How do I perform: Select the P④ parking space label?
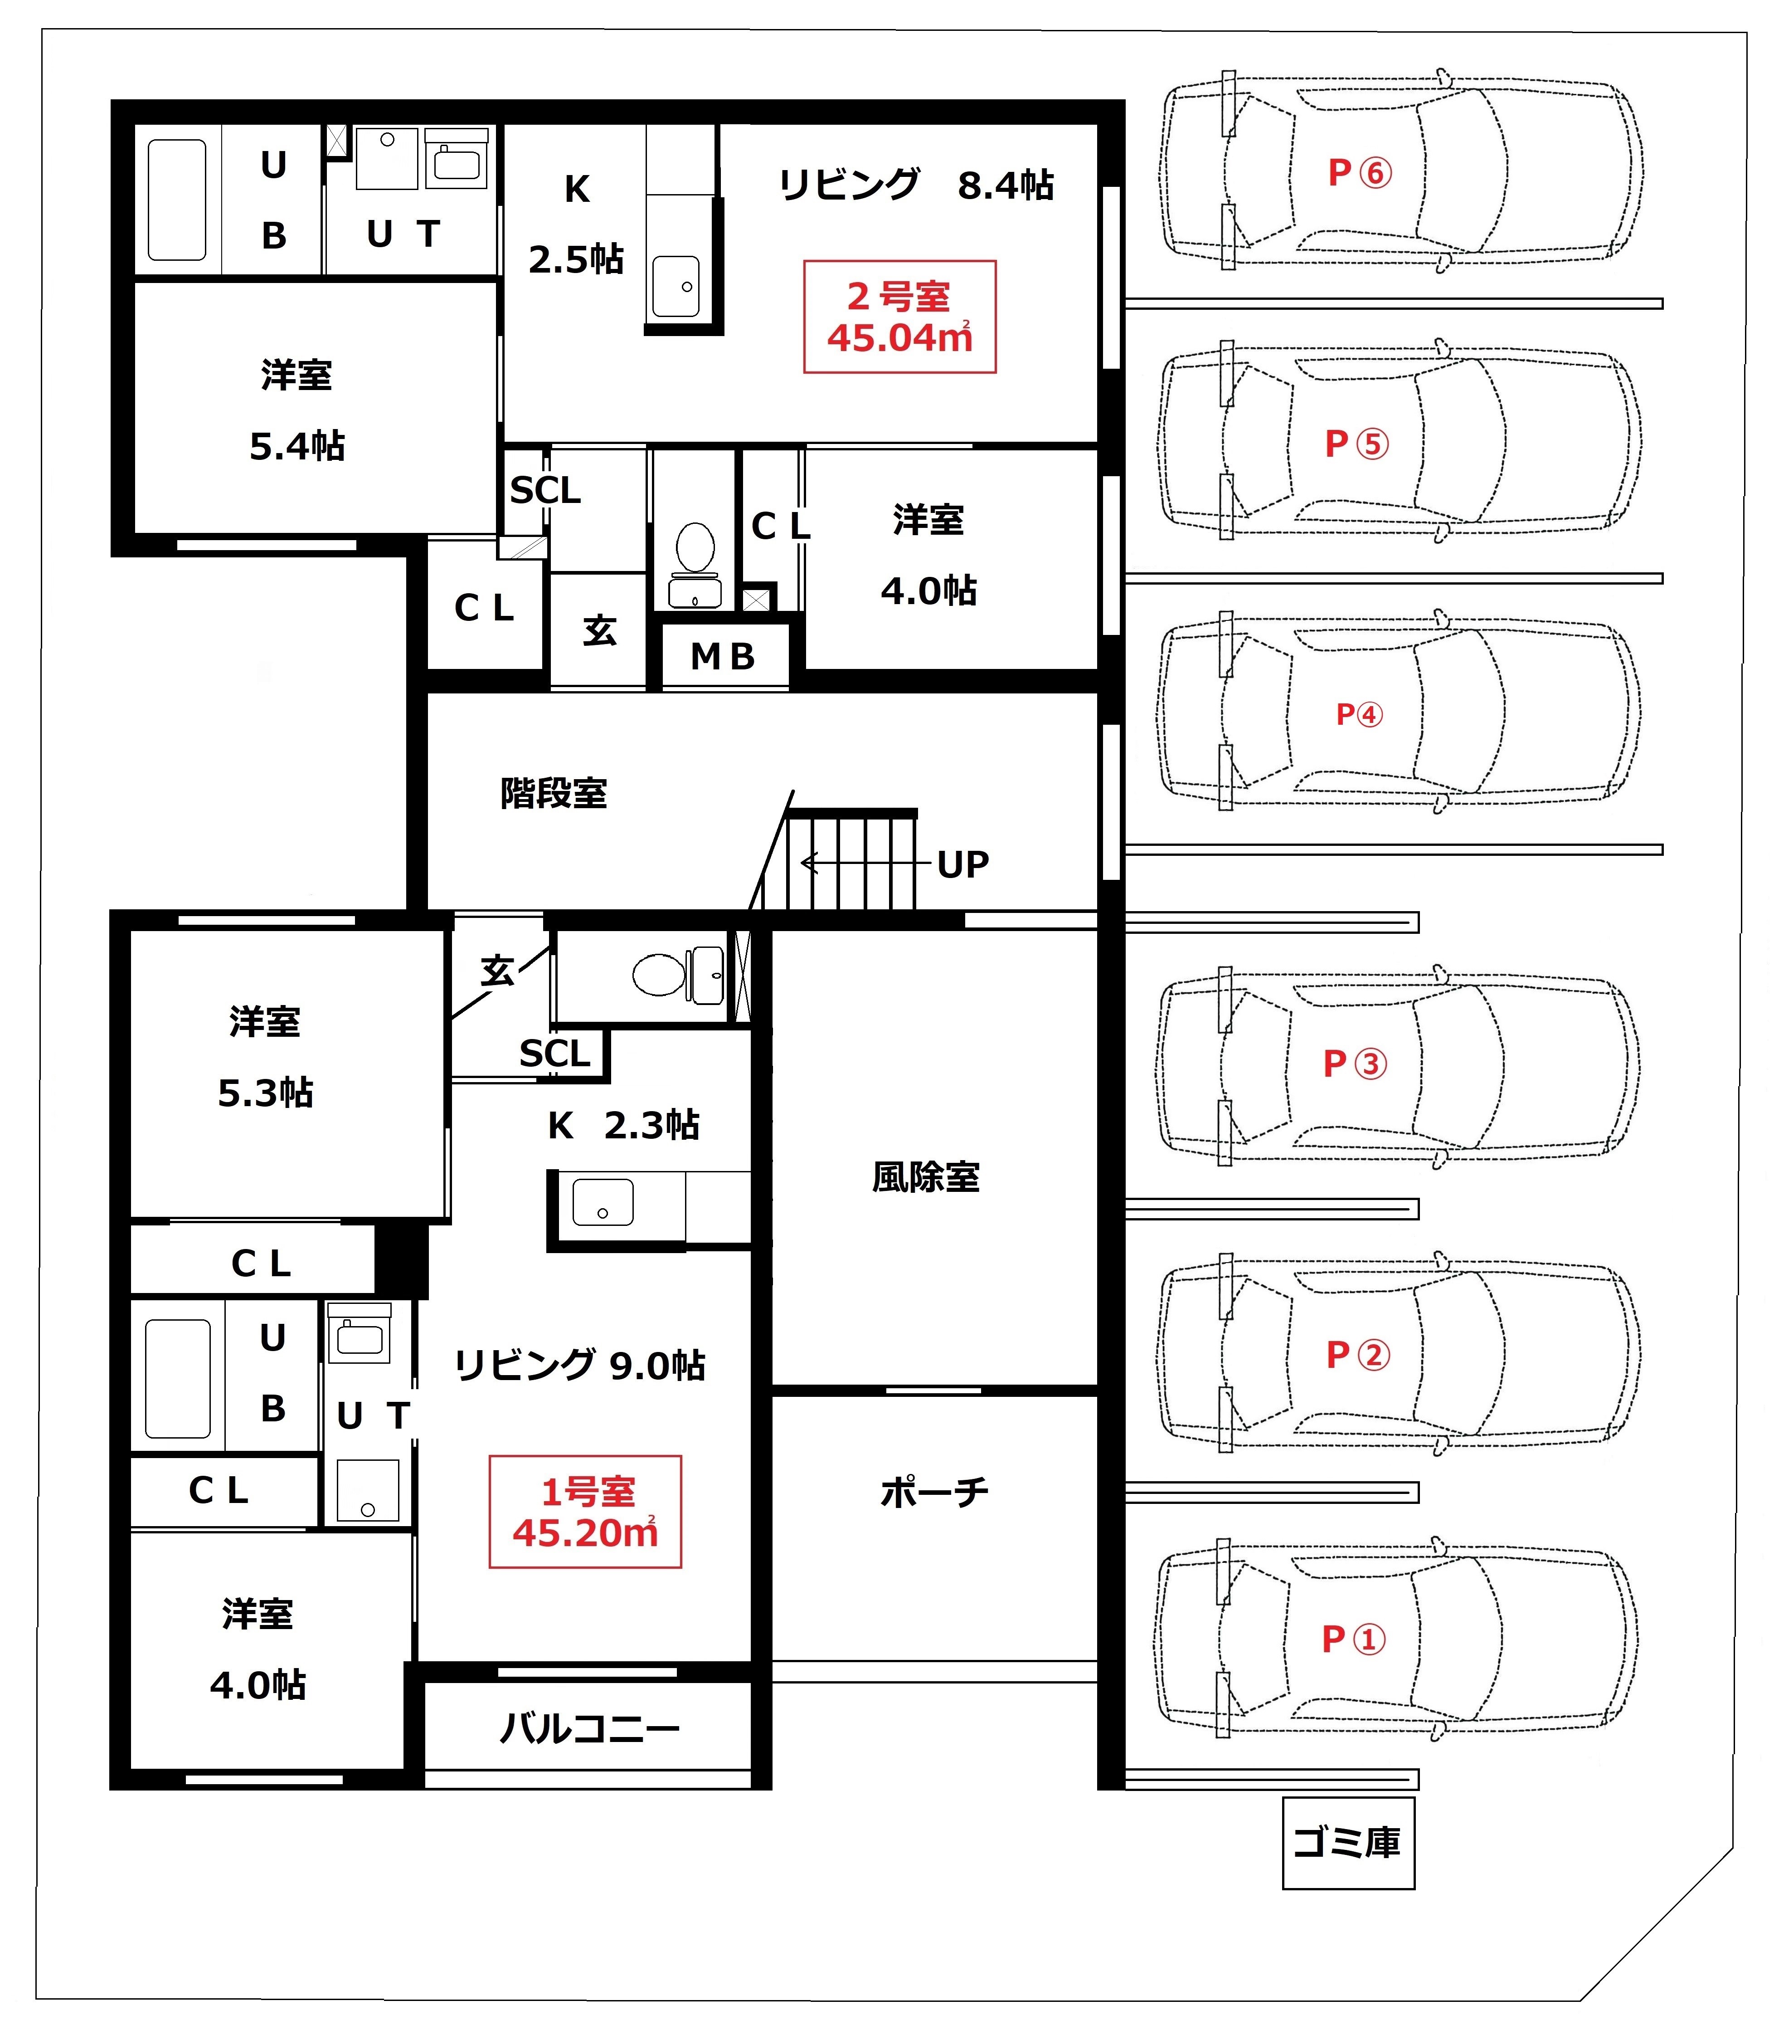pyautogui.click(x=1359, y=714)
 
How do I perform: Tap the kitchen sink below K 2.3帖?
pyautogui.click(x=602, y=1202)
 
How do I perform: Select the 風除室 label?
pyautogui.click(x=926, y=1177)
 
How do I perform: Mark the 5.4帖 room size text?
pyautogui.click(x=297, y=447)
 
